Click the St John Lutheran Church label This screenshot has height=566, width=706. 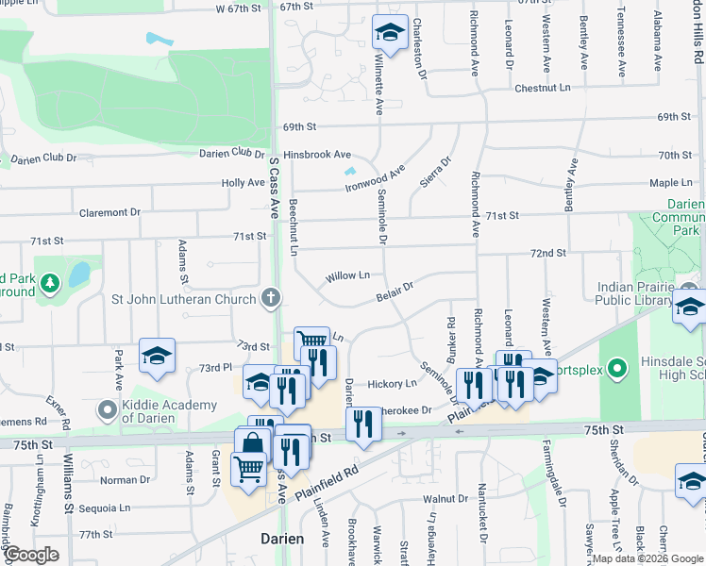(x=183, y=300)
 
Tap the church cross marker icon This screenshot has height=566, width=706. (x=271, y=299)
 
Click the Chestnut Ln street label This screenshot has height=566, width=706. (x=543, y=88)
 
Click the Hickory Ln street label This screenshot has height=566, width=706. (x=392, y=384)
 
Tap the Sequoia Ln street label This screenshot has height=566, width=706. (x=106, y=508)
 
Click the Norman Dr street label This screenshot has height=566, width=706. (x=119, y=480)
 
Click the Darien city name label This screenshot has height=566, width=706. (x=282, y=539)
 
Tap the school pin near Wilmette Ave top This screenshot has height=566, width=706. (x=390, y=34)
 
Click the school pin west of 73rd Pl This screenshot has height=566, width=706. (x=158, y=357)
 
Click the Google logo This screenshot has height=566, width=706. (x=32, y=555)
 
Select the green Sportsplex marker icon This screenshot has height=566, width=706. (x=616, y=367)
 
